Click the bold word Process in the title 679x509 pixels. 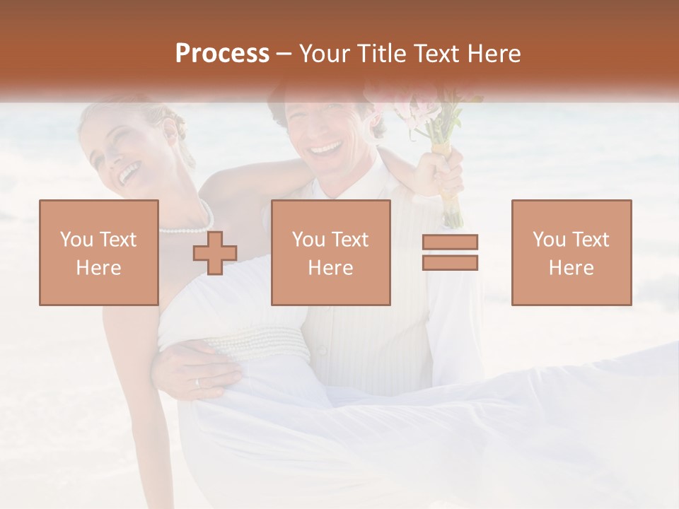222,54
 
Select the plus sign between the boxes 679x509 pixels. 215,253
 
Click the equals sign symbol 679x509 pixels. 450,252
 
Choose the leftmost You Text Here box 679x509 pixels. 99,253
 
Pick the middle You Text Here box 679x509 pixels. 331,253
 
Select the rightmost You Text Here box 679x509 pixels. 571,253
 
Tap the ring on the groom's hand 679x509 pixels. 197,382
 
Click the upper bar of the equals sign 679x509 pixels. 450,242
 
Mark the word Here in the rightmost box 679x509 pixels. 571,268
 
